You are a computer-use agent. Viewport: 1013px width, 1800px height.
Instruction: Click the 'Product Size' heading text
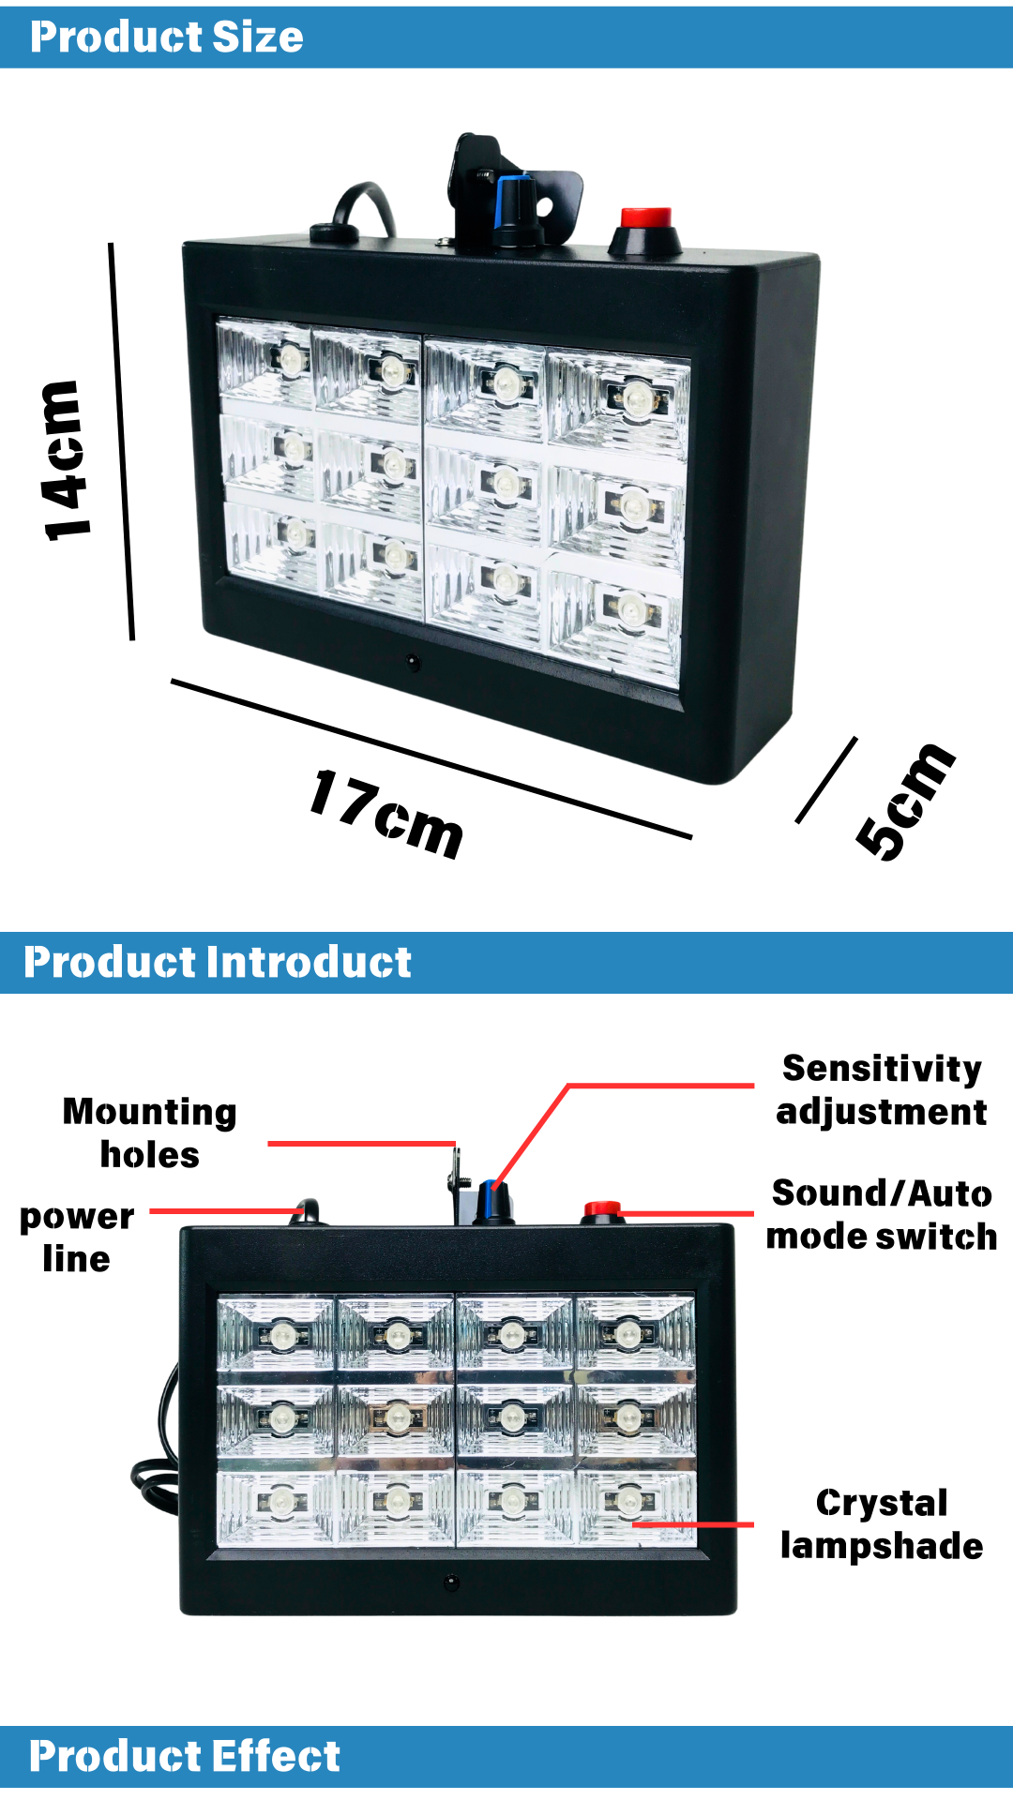click(x=167, y=37)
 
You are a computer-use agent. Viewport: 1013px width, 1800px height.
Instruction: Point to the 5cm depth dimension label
click(x=905, y=802)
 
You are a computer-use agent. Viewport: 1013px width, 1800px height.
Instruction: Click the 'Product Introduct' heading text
click(x=218, y=962)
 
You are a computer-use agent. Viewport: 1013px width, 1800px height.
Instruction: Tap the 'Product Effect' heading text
click(x=185, y=1756)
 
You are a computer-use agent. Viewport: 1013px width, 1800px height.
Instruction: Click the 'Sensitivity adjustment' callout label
click(x=882, y=1089)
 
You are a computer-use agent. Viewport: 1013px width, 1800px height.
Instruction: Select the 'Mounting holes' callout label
click(x=150, y=1132)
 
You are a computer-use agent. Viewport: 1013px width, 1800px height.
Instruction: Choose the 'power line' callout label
click(x=77, y=1237)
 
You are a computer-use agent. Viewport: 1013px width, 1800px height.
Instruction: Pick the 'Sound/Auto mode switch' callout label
click(x=882, y=1214)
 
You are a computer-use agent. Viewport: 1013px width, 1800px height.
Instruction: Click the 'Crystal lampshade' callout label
click(x=882, y=1523)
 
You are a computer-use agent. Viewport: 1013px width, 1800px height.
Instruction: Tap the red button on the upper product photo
click(x=646, y=219)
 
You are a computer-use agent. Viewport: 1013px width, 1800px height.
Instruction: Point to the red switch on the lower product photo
click(x=602, y=1209)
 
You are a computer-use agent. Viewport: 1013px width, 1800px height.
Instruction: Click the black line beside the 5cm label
click(x=826, y=780)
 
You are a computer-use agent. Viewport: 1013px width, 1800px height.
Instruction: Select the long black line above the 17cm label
click(x=431, y=758)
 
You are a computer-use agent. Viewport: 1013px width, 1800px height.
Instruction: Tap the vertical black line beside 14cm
click(x=122, y=442)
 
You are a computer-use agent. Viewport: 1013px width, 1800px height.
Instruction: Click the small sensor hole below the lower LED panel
click(x=452, y=1582)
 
